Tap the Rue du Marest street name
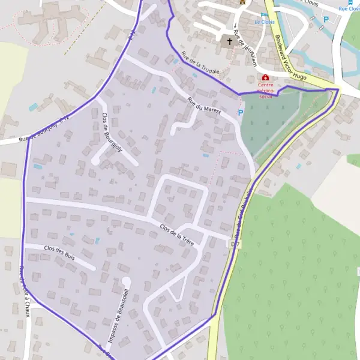204,106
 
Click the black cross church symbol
229,41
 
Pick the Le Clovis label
264,22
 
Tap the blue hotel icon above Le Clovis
263,14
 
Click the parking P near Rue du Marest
241,112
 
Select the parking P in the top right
326,19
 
